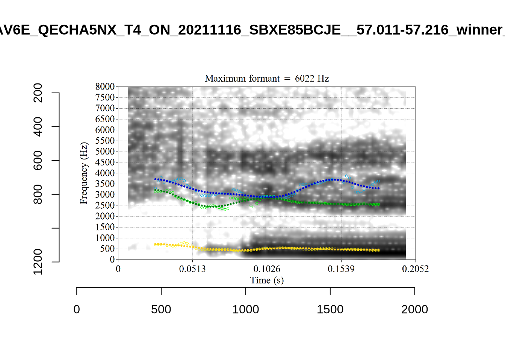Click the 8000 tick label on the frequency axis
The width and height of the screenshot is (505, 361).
(x=105, y=86)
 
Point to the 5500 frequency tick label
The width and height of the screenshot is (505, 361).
(x=105, y=141)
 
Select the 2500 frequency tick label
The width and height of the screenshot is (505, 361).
(x=105, y=205)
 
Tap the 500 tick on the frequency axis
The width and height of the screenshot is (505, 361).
(x=107, y=249)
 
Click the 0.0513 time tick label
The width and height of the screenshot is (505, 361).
(x=192, y=269)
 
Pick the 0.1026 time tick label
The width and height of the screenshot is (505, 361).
(x=267, y=269)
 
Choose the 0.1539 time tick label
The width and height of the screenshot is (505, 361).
(x=341, y=269)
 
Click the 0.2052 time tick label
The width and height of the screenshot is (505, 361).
(x=415, y=269)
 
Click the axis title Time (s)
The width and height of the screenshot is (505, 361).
(x=267, y=280)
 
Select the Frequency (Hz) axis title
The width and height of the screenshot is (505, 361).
(x=83, y=173)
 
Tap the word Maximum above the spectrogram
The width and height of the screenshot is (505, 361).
(x=223, y=79)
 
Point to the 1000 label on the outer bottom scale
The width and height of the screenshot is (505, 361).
(x=246, y=309)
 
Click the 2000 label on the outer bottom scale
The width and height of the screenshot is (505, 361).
(x=414, y=309)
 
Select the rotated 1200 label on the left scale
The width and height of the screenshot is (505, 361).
(x=38, y=262)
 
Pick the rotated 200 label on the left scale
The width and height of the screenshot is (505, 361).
(x=38, y=93)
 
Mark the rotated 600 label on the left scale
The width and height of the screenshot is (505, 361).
(x=38, y=161)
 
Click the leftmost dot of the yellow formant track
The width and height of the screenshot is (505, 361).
(x=156, y=244)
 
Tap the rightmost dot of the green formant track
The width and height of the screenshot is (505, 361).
(x=378, y=204)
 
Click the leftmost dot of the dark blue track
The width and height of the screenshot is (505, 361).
(x=156, y=179)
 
